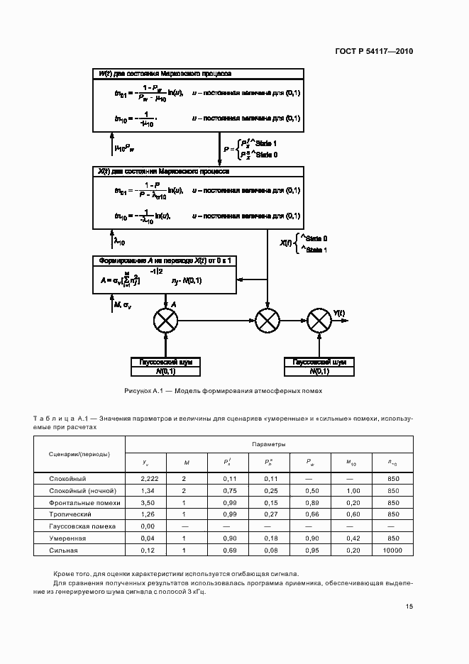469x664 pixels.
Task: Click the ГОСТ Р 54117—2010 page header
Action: (x=374, y=52)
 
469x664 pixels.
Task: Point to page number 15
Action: (x=409, y=607)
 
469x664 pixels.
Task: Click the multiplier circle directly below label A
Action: (x=166, y=321)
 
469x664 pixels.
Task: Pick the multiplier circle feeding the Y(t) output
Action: (x=320, y=321)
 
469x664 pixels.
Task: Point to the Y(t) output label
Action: (x=339, y=313)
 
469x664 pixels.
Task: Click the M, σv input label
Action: (x=122, y=305)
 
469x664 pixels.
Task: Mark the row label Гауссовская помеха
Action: (x=77, y=526)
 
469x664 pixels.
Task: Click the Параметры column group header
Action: (x=269, y=445)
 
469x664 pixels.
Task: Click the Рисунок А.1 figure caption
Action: (x=223, y=391)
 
